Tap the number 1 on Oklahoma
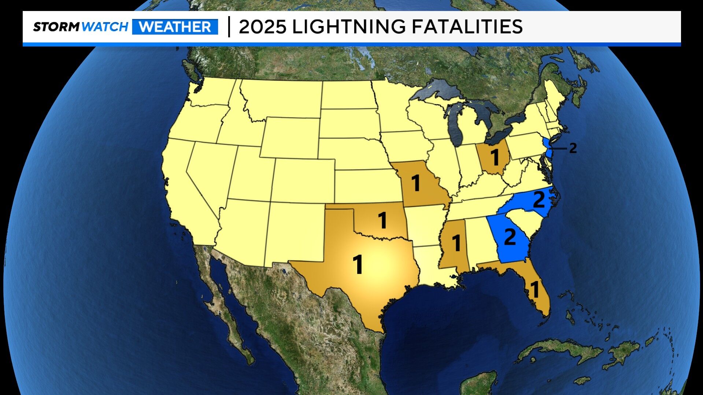point(382,220)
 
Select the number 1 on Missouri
point(415,183)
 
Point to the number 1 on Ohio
point(495,157)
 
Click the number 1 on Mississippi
point(456,243)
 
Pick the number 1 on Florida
point(535,290)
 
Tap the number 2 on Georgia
point(510,237)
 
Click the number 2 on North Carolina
point(539,200)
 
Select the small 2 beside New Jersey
point(573,148)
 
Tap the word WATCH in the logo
point(105,27)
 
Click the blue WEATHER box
point(175,27)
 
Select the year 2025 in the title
point(262,27)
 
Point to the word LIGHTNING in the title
point(349,27)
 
